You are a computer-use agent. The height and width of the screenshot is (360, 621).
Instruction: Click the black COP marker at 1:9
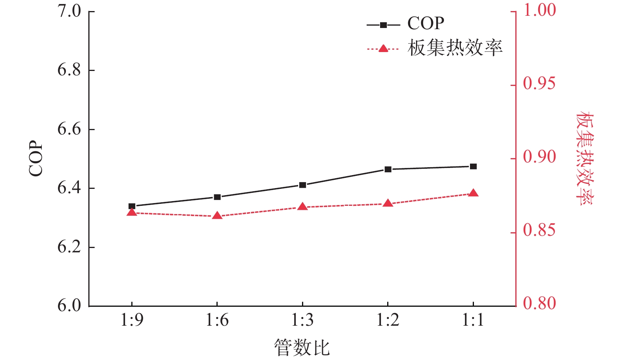click(x=132, y=206)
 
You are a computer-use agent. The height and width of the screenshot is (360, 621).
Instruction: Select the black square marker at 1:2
click(x=388, y=170)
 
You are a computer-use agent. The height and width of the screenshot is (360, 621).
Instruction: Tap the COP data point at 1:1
click(x=473, y=166)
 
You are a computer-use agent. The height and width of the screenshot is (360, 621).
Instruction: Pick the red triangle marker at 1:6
click(x=217, y=216)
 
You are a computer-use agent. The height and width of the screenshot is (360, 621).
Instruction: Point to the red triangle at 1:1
click(x=474, y=193)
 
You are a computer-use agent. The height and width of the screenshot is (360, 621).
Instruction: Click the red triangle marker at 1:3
click(x=302, y=207)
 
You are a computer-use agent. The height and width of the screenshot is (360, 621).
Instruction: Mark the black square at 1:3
click(x=302, y=185)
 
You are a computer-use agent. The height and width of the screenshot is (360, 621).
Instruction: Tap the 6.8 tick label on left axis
click(x=69, y=70)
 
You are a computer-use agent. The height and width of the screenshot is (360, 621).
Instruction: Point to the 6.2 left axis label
click(x=69, y=247)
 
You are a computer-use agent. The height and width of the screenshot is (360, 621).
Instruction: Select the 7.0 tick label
click(x=69, y=11)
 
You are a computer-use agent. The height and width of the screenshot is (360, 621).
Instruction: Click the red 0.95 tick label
click(x=539, y=84)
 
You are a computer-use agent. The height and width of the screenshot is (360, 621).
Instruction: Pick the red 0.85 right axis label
click(x=539, y=231)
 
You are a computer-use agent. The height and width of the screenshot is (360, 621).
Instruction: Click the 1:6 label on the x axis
click(x=217, y=321)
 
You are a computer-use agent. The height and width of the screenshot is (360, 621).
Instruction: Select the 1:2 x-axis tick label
click(x=388, y=321)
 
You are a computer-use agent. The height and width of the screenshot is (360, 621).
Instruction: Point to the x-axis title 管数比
click(x=302, y=348)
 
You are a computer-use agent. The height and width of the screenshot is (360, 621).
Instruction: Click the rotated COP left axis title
click(x=36, y=159)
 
